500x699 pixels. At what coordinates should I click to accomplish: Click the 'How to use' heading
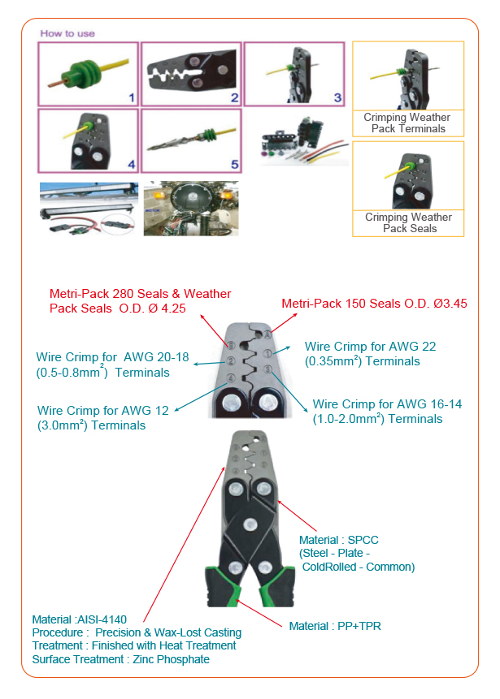(x=67, y=33)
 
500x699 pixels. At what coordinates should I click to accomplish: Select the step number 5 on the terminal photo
(x=234, y=164)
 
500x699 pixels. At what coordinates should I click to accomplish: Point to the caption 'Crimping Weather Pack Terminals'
(x=407, y=123)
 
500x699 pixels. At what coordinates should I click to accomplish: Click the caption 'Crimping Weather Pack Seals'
(x=408, y=223)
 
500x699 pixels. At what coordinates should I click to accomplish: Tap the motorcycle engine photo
(x=190, y=209)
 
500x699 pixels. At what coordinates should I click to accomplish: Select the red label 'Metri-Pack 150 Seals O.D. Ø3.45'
(x=374, y=304)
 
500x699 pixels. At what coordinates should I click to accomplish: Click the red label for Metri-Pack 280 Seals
(x=140, y=301)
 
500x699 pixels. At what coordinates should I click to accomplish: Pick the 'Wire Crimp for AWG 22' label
(x=370, y=353)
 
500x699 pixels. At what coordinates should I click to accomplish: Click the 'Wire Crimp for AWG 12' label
(x=103, y=418)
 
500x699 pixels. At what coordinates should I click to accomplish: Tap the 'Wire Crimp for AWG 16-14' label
(x=377, y=412)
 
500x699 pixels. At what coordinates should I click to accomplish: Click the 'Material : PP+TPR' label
(x=335, y=626)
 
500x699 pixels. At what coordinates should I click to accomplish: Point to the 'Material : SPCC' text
(x=338, y=540)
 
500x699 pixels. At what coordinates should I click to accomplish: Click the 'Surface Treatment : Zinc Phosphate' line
(x=120, y=659)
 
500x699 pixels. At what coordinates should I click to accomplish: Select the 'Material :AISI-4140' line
(x=79, y=619)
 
